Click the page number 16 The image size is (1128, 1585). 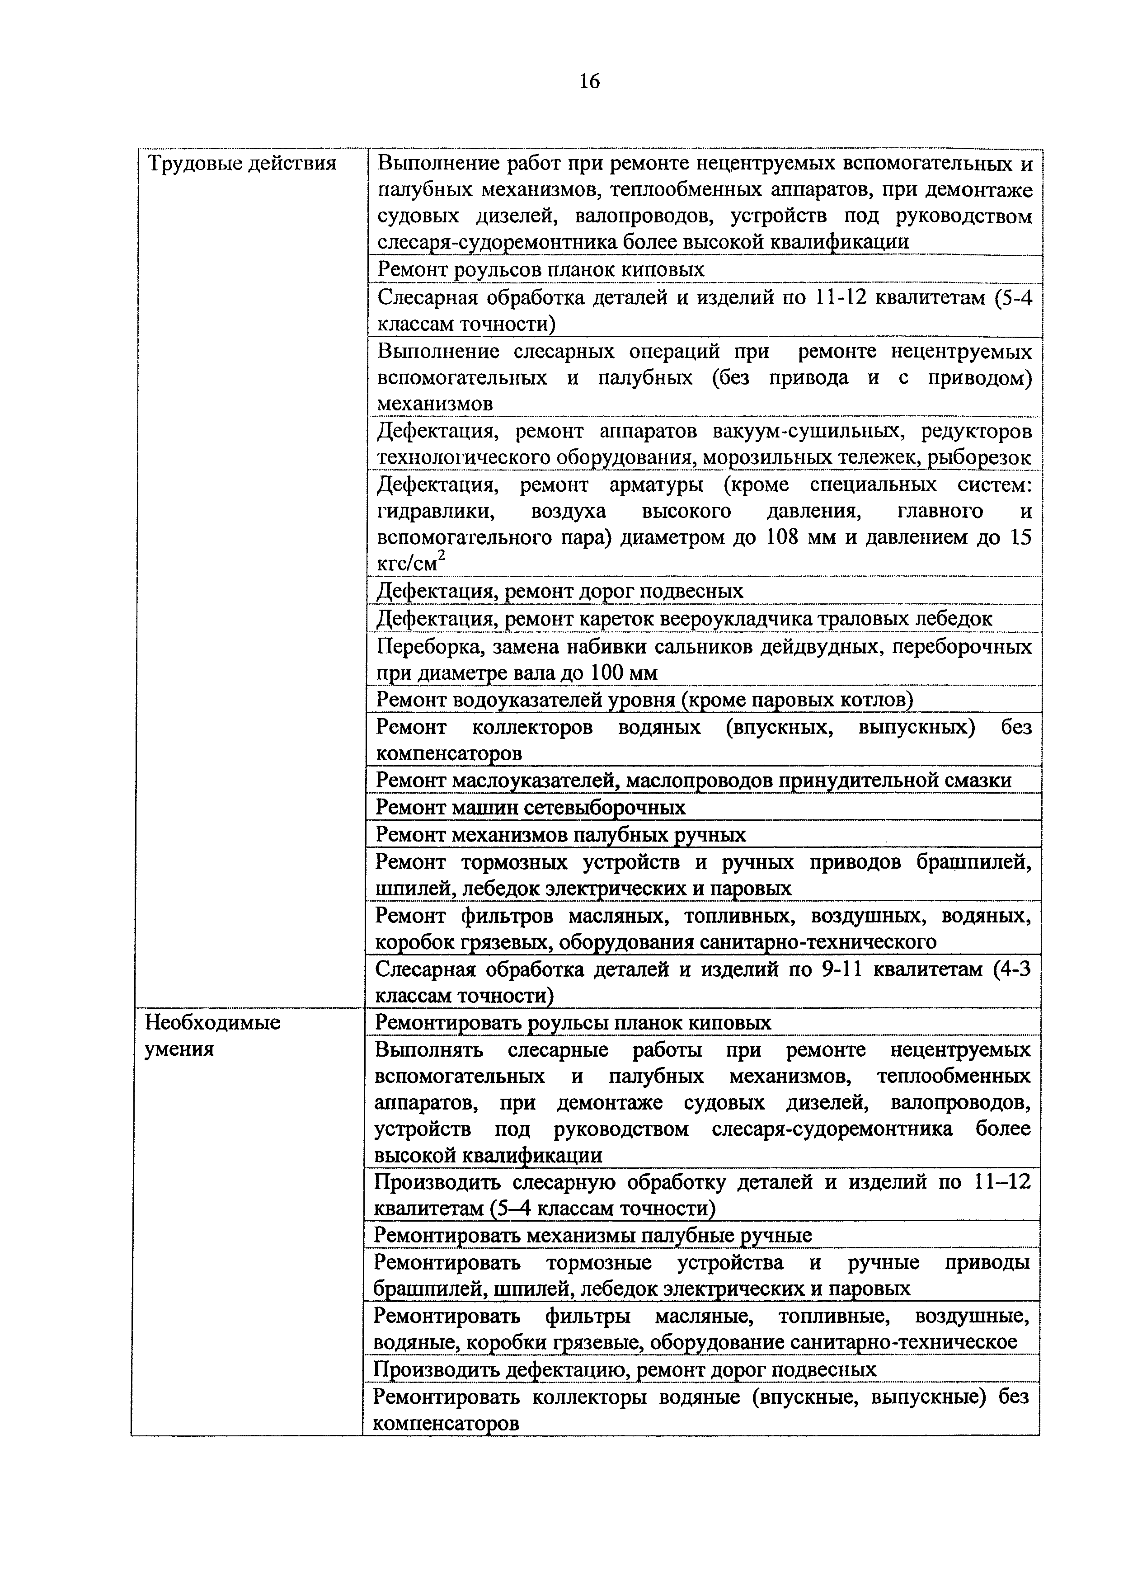pyautogui.click(x=588, y=82)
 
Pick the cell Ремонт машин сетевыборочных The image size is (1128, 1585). pyautogui.click(x=531, y=807)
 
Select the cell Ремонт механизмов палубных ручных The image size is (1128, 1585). pyautogui.click(x=560, y=834)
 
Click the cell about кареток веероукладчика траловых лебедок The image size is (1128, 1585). pyautogui.click(x=684, y=618)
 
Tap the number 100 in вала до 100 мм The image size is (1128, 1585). pyautogui.click(x=609, y=673)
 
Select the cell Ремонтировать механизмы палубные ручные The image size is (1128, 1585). pyautogui.click(x=592, y=1236)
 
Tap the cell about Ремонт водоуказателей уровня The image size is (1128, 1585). pyautogui.click(x=644, y=700)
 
